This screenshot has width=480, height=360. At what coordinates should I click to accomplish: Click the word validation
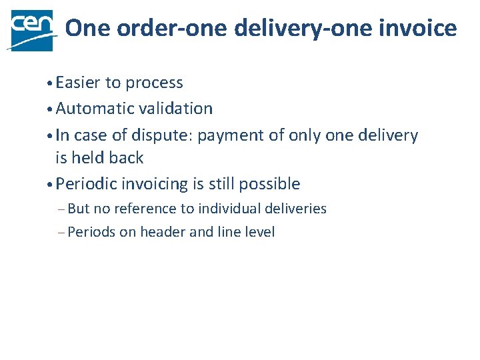[x=178, y=108]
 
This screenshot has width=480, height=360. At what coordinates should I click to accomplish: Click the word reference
[x=145, y=209]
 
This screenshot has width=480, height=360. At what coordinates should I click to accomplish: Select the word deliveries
[x=298, y=209]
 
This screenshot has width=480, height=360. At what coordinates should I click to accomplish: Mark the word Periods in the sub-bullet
[x=91, y=232]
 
